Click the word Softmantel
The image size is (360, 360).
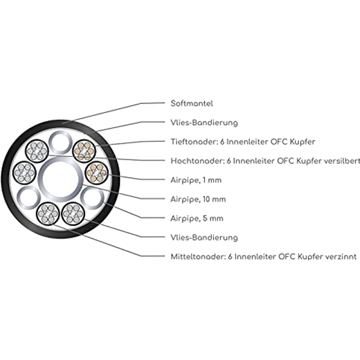[x=192, y=103]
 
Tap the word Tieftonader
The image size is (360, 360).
[x=194, y=142]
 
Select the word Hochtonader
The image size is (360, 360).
[x=197, y=161]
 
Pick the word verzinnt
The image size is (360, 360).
[x=341, y=256]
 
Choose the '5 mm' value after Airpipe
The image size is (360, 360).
[x=213, y=218]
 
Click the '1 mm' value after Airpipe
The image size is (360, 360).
[x=212, y=180]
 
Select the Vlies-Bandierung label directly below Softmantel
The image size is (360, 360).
[x=204, y=123]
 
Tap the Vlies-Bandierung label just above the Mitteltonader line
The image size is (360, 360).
[x=204, y=237]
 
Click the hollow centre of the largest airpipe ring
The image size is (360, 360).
[x=60, y=180]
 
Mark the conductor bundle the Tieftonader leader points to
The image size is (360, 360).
[x=84, y=151]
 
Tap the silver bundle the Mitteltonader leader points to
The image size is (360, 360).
[x=48, y=214]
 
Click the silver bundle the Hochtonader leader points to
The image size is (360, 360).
[x=37, y=151]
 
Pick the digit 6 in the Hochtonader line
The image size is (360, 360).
[x=229, y=161]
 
